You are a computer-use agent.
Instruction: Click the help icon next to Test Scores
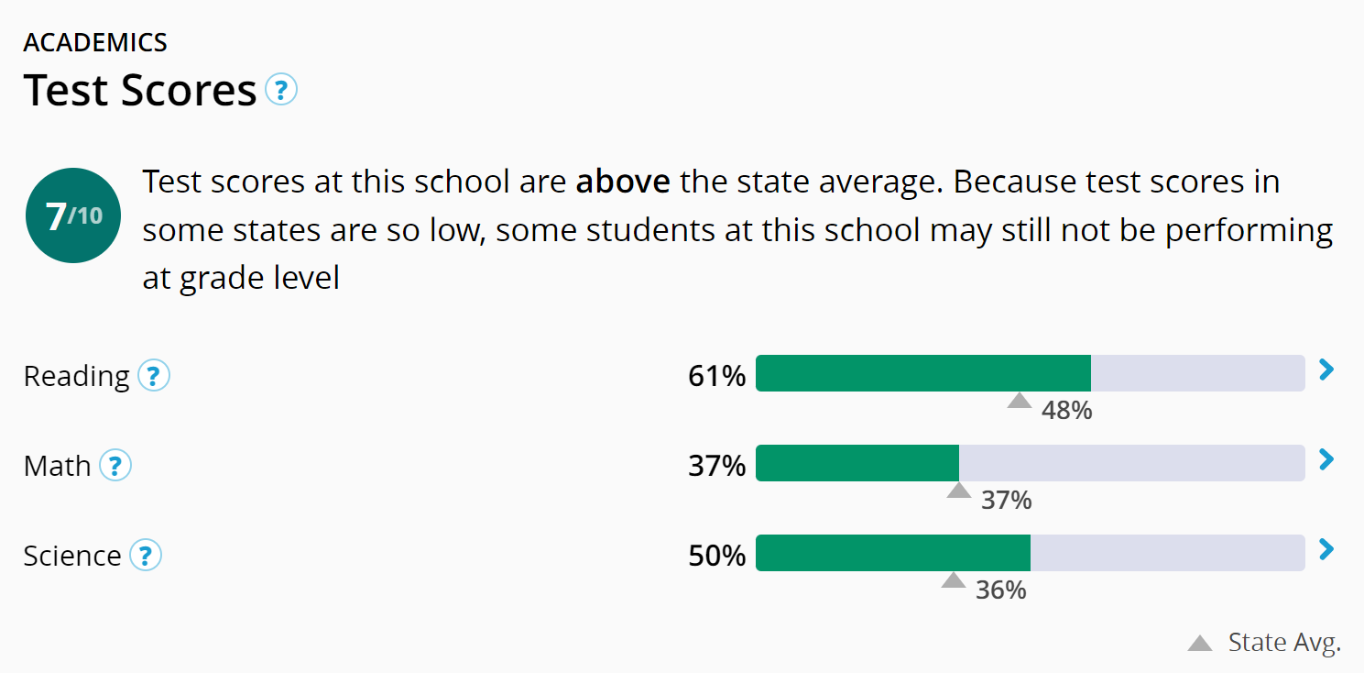pos(281,90)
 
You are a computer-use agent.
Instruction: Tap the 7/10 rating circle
pos(73,216)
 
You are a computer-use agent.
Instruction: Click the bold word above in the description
pos(622,182)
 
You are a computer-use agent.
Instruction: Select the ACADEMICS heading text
pos(95,42)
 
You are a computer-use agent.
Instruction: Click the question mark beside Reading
pos(154,376)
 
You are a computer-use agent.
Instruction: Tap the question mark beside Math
pos(115,466)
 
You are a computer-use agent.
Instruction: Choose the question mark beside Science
pos(146,556)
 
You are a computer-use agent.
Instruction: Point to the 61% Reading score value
pos(716,376)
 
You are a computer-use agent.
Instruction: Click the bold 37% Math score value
pos(716,466)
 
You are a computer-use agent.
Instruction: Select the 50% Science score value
pos(716,556)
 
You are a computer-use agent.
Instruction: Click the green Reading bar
pos(922,373)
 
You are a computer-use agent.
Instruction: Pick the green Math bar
pos(857,463)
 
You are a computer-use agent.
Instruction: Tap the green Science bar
pos(892,553)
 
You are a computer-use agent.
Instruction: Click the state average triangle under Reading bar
pos(1020,401)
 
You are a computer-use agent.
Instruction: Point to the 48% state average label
pos(1066,410)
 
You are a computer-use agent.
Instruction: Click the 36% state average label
pos(1000,590)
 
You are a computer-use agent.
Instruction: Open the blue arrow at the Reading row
pos(1326,370)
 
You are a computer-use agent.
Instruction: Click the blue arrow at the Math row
pos(1326,459)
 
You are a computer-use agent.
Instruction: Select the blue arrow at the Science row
pos(1326,549)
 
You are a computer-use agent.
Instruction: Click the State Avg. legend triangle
pos(1200,644)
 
